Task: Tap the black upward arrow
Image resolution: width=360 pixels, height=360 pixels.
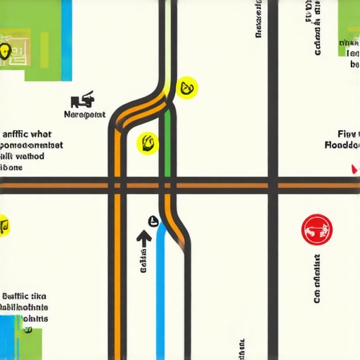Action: tap(144, 239)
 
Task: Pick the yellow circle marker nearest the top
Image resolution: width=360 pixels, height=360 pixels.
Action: tap(188, 88)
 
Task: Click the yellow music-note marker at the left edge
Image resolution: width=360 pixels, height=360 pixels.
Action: tap(4, 226)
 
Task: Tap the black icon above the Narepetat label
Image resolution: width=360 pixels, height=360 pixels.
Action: tap(84, 99)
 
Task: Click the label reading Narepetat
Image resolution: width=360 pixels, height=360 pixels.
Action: tap(84, 114)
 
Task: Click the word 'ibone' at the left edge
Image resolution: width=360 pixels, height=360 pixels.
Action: tap(11, 167)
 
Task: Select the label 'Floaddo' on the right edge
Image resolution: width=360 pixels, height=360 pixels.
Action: tap(342, 146)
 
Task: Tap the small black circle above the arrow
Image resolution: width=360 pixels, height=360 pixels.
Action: tap(152, 221)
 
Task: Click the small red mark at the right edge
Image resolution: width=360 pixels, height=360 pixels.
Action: tap(353, 169)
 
